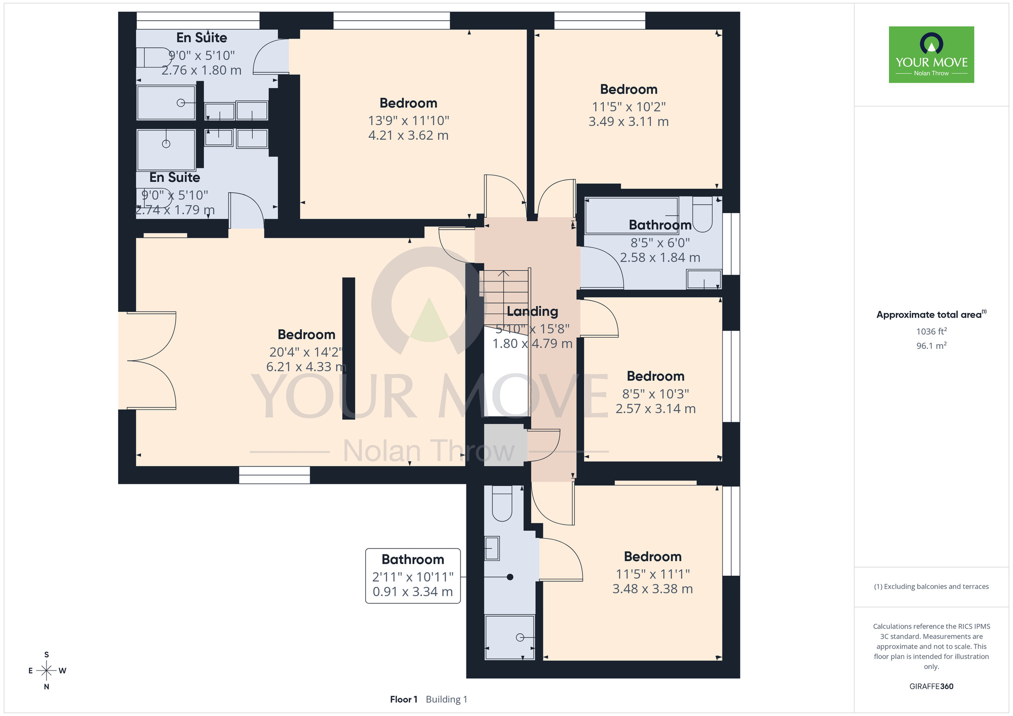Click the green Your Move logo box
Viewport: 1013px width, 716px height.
click(931, 55)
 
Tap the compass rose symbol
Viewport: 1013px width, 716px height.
click(47, 671)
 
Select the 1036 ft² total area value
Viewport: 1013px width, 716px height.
click(931, 331)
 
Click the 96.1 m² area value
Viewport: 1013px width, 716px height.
click(931, 345)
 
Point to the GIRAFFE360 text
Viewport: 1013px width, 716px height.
click(931, 687)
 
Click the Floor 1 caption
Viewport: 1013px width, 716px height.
click(404, 699)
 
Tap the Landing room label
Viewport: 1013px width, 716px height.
click(532, 311)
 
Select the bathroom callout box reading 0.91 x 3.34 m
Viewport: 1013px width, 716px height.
click(413, 576)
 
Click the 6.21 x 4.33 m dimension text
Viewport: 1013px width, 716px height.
click(306, 367)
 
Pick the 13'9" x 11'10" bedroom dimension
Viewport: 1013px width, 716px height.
click(409, 121)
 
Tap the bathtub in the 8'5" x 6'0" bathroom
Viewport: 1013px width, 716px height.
click(632, 215)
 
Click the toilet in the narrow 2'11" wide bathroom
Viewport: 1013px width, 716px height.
click(502, 503)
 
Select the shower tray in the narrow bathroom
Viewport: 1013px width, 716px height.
click(510, 637)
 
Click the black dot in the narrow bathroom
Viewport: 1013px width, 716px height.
click(510, 577)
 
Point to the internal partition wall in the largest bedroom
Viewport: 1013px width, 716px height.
click(348, 348)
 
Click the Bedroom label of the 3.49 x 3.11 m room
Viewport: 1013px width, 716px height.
click(629, 89)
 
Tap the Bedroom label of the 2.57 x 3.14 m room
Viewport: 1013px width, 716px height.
click(655, 376)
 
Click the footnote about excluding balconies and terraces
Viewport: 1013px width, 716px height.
click(931, 586)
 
